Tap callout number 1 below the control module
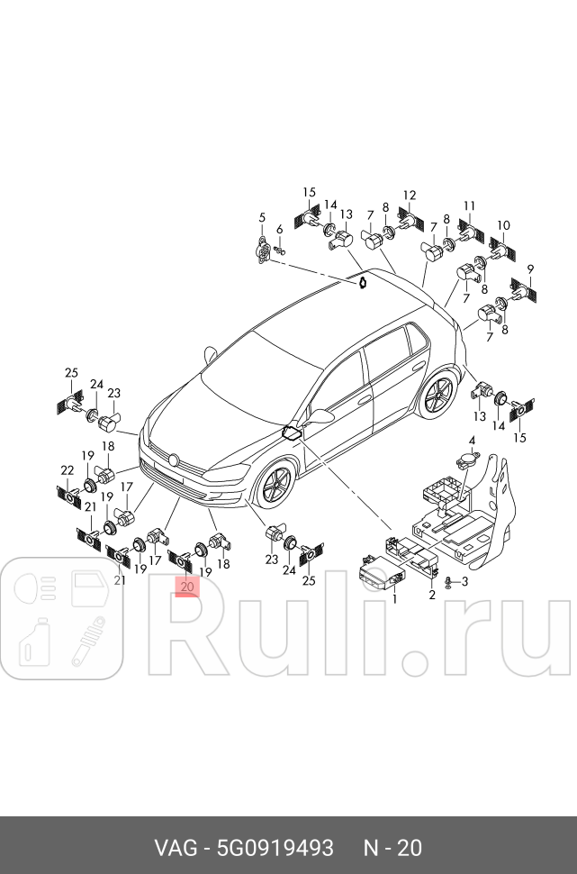[x=393, y=598]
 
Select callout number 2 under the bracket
[x=431, y=595]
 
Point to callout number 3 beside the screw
[x=464, y=581]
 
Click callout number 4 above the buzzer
[x=471, y=441]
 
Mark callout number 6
[x=279, y=229]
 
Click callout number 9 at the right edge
[x=530, y=269]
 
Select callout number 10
[x=503, y=225]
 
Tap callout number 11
[x=468, y=205]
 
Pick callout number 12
[x=409, y=195]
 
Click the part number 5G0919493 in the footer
[x=275, y=848]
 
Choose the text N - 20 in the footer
[x=392, y=848]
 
